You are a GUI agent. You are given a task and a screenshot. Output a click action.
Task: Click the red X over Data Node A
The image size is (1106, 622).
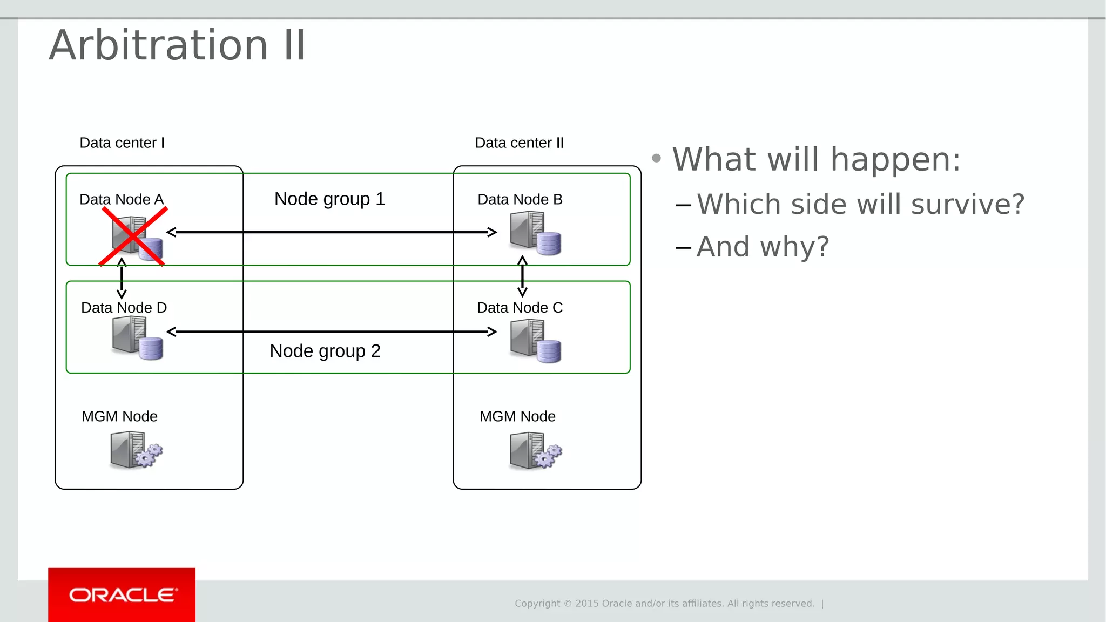point(133,236)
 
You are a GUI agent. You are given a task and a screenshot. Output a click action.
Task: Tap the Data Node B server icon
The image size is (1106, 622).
point(535,233)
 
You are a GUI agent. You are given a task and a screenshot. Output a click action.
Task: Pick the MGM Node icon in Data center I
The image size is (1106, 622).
point(136,450)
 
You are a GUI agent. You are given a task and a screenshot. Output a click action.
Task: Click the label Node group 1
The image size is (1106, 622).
point(329,199)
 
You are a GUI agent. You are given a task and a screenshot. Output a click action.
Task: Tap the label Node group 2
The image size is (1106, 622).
point(325,351)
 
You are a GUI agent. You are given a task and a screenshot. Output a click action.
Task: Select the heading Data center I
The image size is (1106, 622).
point(122,143)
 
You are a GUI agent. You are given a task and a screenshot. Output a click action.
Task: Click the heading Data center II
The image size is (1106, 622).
point(519,143)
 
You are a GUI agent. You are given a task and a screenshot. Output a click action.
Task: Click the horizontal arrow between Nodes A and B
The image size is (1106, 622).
point(332,232)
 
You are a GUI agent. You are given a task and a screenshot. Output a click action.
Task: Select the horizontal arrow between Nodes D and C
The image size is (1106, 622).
point(332,332)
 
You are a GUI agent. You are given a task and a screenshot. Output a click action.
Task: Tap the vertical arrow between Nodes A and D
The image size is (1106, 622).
point(122,279)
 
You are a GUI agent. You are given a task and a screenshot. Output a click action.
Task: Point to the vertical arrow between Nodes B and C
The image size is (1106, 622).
point(522,276)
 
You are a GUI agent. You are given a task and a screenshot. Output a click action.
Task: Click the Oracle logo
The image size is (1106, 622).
point(122,595)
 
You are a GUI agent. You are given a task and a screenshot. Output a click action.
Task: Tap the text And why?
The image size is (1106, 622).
point(762,247)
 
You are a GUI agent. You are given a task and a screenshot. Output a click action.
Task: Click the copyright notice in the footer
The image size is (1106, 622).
point(664,604)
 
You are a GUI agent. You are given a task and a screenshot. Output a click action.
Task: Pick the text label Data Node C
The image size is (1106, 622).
point(520,308)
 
